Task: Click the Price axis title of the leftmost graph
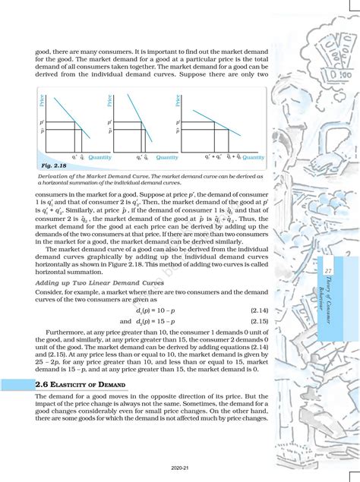point(43,99)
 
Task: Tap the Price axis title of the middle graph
point(112,99)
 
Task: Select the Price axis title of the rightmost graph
point(178,99)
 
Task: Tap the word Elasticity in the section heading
point(72,386)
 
